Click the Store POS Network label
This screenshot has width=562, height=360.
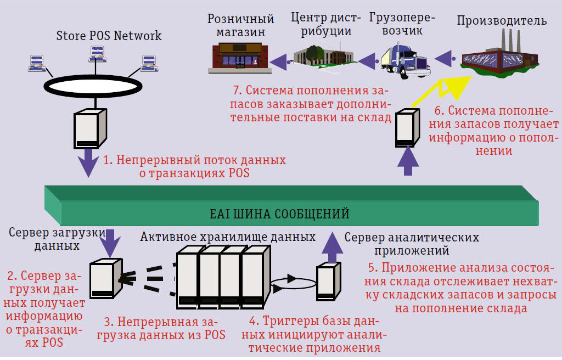[109, 36]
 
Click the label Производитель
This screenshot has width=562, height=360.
[502, 21]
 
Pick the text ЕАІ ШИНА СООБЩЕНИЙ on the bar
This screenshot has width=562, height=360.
[280, 213]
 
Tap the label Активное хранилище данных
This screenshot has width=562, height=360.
[228, 237]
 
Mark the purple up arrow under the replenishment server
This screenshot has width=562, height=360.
[408, 162]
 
